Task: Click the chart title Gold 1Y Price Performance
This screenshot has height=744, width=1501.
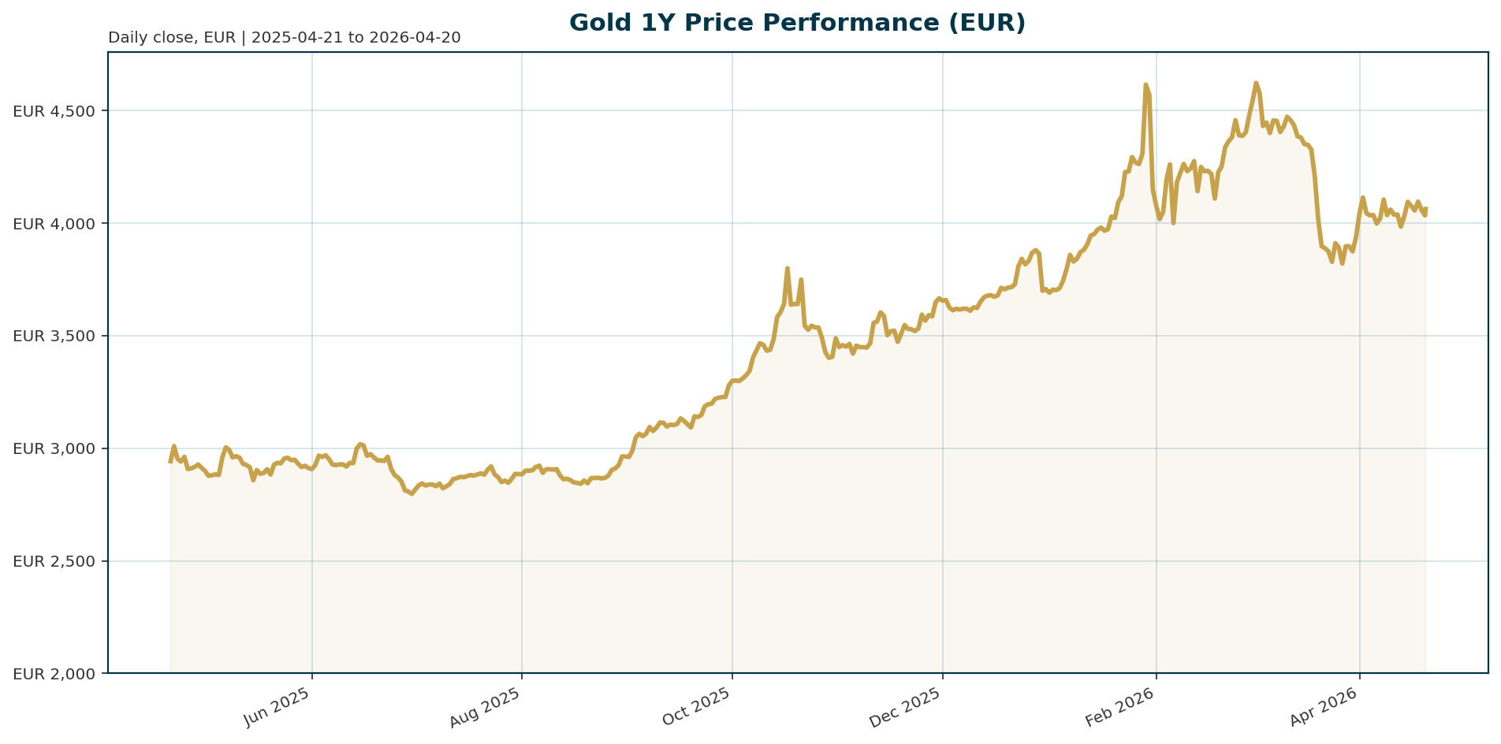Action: pyautogui.click(x=797, y=23)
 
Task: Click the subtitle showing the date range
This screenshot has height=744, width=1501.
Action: pyautogui.click(x=285, y=38)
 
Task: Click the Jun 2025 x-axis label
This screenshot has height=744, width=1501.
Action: pyautogui.click(x=277, y=707)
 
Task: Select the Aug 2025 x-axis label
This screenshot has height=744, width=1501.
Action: pyautogui.click(x=486, y=707)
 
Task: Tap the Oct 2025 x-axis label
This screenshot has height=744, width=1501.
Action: pyautogui.click(x=698, y=707)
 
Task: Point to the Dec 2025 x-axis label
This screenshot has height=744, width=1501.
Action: pyautogui.click(x=907, y=707)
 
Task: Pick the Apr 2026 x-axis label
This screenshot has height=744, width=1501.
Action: pyautogui.click(x=1325, y=707)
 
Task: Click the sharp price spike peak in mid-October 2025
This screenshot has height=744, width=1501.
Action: pyautogui.click(x=788, y=268)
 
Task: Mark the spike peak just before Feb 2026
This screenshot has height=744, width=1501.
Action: pyautogui.click(x=1145, y=84)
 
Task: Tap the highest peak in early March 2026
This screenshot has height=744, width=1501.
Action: pyautogui.click(x=1256, y=83)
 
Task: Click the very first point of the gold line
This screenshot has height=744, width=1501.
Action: pyautogui.click(x=170, y=462)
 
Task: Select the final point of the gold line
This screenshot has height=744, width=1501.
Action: pyautogui.click(x=1426, y=209)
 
